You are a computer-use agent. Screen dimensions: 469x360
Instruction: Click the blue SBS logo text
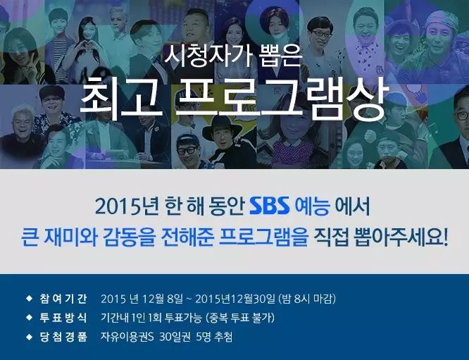point(270,206)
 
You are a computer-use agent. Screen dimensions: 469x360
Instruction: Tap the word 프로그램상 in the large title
point(282,98)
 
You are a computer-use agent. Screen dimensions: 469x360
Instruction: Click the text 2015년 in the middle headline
point(127,206)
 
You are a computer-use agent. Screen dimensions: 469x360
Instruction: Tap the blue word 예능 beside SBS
point(313,206)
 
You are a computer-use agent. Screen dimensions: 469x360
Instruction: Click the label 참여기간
point(63,299)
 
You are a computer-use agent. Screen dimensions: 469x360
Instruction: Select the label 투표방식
point(63,318)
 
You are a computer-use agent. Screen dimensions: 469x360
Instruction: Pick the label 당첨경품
point(63,337)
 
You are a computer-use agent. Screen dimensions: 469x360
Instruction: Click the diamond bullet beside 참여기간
point(30,299)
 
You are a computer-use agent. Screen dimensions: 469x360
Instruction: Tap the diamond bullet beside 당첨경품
point(30,337)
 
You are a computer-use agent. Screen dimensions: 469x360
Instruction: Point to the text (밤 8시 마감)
point(307,299)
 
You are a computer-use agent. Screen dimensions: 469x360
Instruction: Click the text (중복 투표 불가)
point(240,318)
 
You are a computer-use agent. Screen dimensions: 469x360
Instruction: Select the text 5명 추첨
point(214,337)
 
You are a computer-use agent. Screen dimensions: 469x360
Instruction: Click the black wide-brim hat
point(222,128)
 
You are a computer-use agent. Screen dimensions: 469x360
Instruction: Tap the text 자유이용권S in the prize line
point(127,337)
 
